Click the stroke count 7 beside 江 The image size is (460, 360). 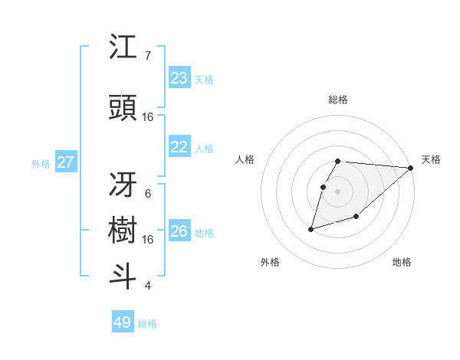point(148,56)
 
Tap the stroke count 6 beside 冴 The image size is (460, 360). point(148,194)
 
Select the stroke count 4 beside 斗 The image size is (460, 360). point(148,286)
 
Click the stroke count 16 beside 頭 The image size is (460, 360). point(148,117)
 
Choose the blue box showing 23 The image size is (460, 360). point(179,78)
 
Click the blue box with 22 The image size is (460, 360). point(179,147)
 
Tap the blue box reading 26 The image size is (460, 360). point(179,231)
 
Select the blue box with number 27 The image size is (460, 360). point(66,162)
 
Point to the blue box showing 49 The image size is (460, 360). point(123,322)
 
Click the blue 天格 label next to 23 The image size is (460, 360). point(204,79)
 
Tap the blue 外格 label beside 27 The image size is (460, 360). point(41,163)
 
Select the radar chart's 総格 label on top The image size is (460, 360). point(338,100)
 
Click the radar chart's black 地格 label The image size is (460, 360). point(402,262)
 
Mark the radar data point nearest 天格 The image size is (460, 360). point(412,168)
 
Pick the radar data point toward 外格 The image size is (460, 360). point(311,228)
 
